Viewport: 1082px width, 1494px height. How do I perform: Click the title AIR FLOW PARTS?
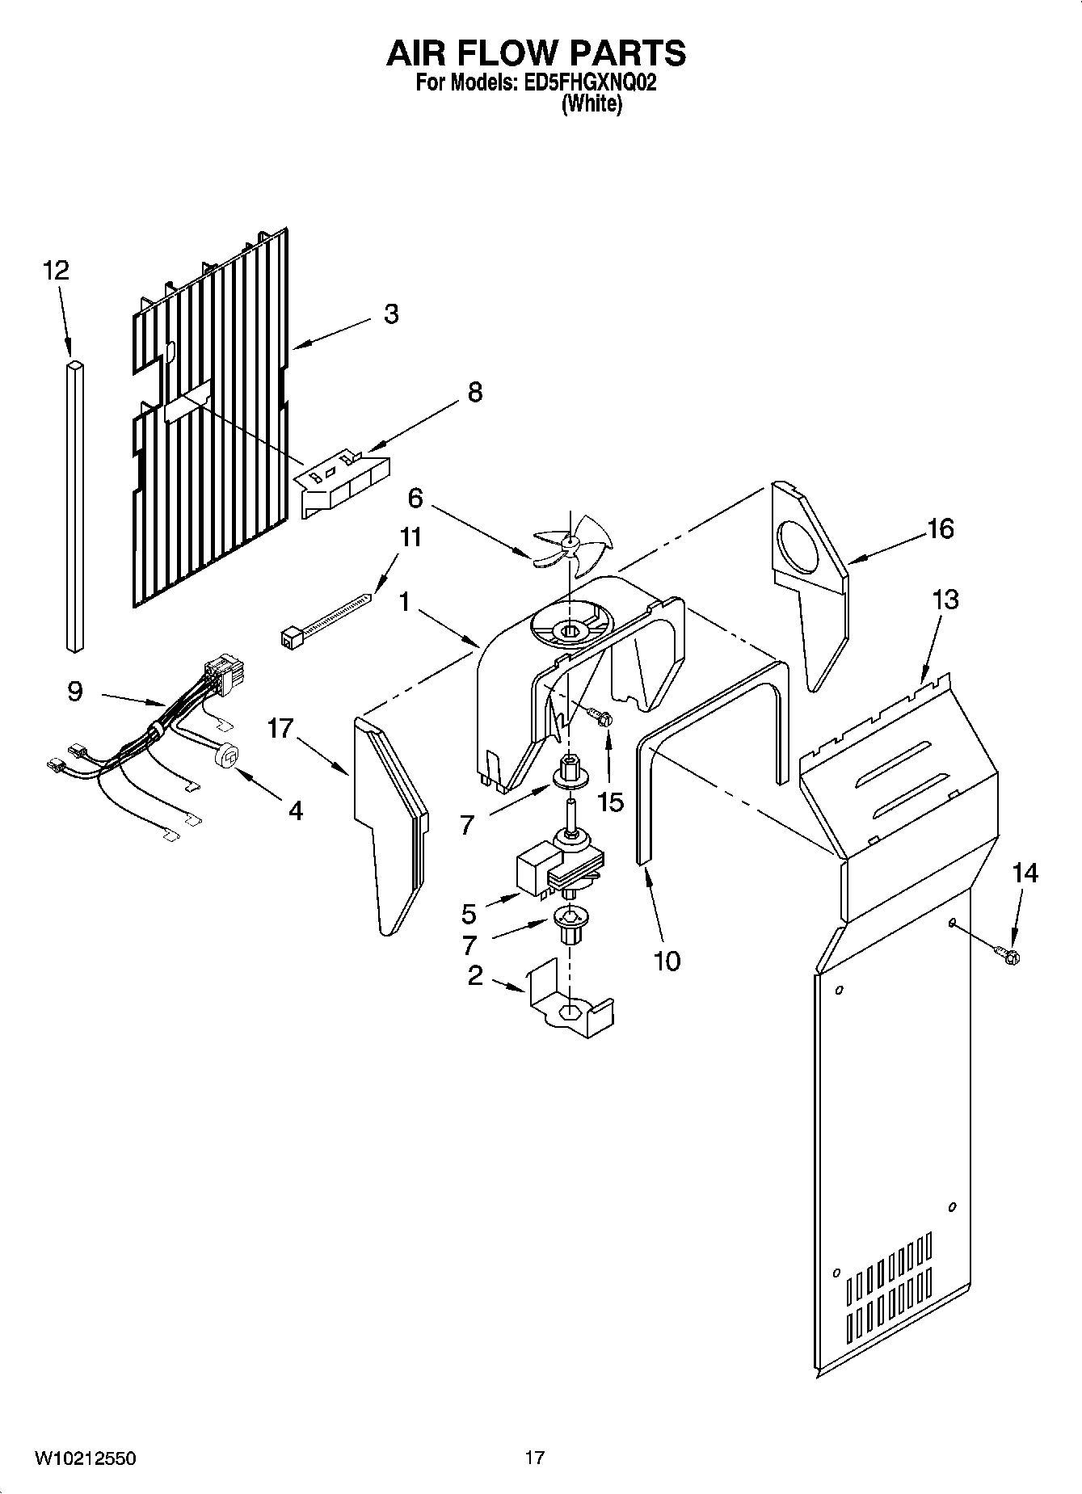tap(537, 53)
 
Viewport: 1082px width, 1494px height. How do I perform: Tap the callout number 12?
tap(56, 270)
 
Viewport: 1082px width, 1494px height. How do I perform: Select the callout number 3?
tap(391, 314)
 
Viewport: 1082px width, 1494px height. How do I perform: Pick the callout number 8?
tap(475, 393)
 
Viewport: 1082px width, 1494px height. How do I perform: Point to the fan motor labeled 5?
tap(558, 869)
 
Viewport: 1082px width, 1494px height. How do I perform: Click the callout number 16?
tap(941, 528)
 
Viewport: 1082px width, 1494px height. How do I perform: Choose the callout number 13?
tap(945, 600)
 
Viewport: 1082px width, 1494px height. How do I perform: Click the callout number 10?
tap(667, 961)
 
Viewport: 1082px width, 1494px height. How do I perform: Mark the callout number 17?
tap(280, 729)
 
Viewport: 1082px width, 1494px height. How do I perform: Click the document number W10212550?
tap(84, 1458)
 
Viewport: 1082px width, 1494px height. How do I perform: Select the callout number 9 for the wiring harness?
tap(74, 692)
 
